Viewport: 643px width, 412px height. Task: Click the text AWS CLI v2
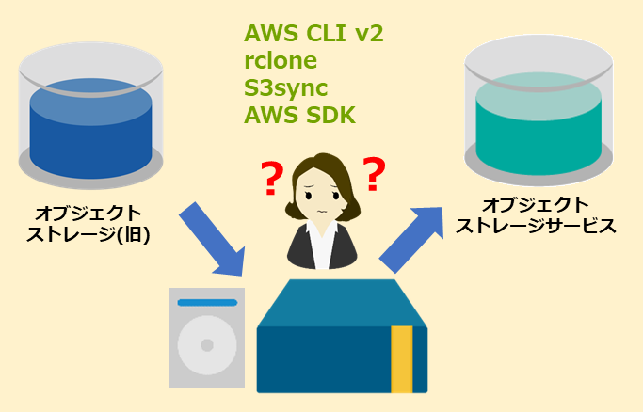click(x=313, y=34)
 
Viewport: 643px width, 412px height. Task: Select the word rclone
click(x=280, y=61)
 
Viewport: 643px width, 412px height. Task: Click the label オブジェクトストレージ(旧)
click(x=90, y=224)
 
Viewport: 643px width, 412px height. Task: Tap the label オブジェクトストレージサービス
click(x=535, y=215)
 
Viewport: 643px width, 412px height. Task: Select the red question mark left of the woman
click(x=272, y=179)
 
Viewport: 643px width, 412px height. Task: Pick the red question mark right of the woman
click(x=375, y=173)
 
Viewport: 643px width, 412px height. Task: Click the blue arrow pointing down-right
click(x=214, y=236)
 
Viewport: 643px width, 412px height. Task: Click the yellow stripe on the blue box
click(x=401, y=358)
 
